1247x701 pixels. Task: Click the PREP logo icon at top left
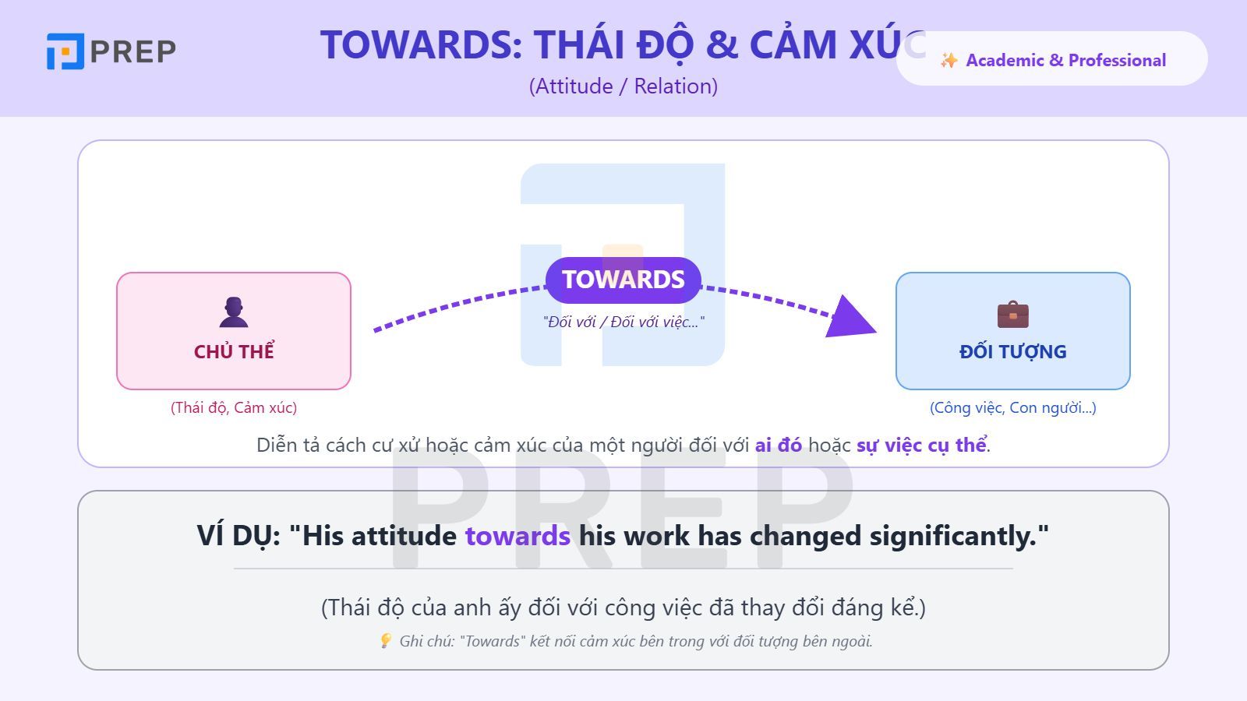point(65,51)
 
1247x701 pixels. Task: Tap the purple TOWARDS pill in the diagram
point(623,280)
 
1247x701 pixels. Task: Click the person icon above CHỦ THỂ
point(233,312)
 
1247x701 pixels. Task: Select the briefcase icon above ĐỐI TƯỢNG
point(1012,315)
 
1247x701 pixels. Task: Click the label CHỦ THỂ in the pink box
point(234,351)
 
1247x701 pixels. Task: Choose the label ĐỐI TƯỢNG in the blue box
point(1012,351)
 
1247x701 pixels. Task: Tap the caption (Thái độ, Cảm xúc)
point(234,407)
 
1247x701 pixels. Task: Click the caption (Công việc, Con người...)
point(1012,407)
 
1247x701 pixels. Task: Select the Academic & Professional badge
point(1052,60)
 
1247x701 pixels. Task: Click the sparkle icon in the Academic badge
point(948,60)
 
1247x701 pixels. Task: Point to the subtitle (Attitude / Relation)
point(623,86)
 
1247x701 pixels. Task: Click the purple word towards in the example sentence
point(518,536)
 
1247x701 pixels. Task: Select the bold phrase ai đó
point(778,445)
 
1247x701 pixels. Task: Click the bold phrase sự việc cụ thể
point(921,445)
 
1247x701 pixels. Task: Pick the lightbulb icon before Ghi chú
point(385,640)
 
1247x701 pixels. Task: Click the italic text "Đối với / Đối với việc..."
point(623,322)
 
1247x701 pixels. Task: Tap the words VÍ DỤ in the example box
point(238,536)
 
